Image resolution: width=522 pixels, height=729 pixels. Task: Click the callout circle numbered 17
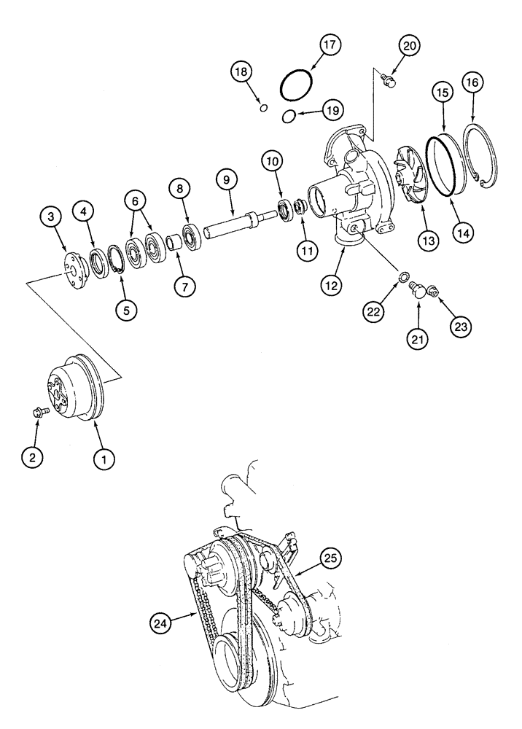(309, 45)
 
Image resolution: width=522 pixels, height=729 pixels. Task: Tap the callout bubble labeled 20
(410, 45)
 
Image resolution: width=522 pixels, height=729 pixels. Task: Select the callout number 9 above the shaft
(227, 179)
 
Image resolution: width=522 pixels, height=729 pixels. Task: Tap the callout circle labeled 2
(32, 458)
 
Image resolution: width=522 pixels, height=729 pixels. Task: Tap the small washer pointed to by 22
(401, 276)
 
